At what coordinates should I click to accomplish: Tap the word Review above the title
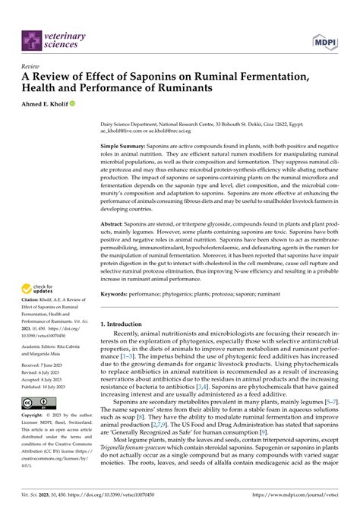click(x=31, y=65)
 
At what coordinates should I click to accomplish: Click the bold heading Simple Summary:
click(x=125, y=144)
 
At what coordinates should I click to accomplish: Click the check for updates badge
click(x=39, y=288)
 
